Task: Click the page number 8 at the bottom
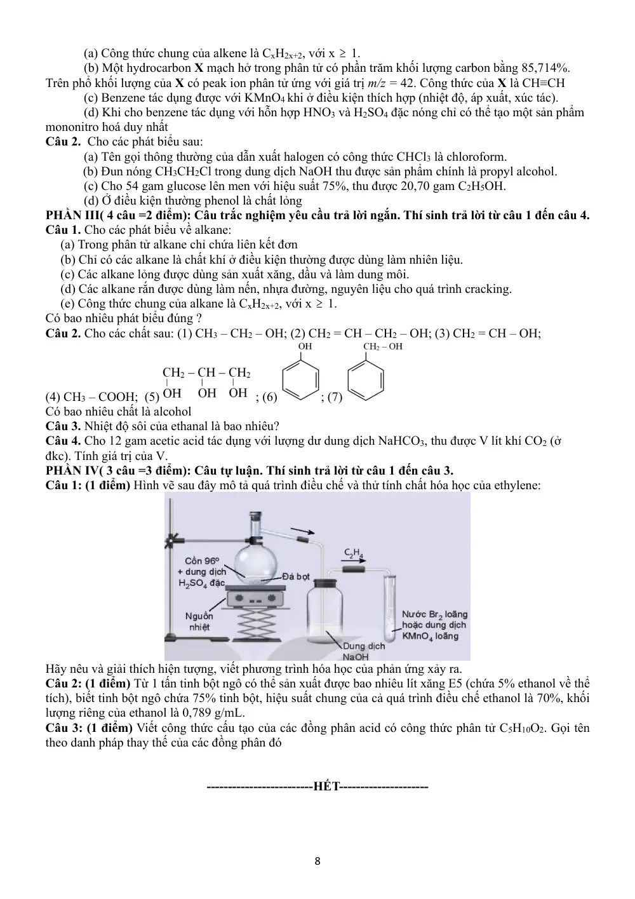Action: (x=317, y=861)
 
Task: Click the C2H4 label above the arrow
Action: (x=354, y=553)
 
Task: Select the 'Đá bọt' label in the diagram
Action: (x=296, y=576)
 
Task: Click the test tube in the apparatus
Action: (x=389, y=609)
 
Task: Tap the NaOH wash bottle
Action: (x=325, y=611)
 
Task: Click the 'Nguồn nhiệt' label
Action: (x=199, y=621)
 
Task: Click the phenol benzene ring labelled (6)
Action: (x=301, y=379)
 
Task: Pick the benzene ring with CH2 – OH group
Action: (x=365, y=379)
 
